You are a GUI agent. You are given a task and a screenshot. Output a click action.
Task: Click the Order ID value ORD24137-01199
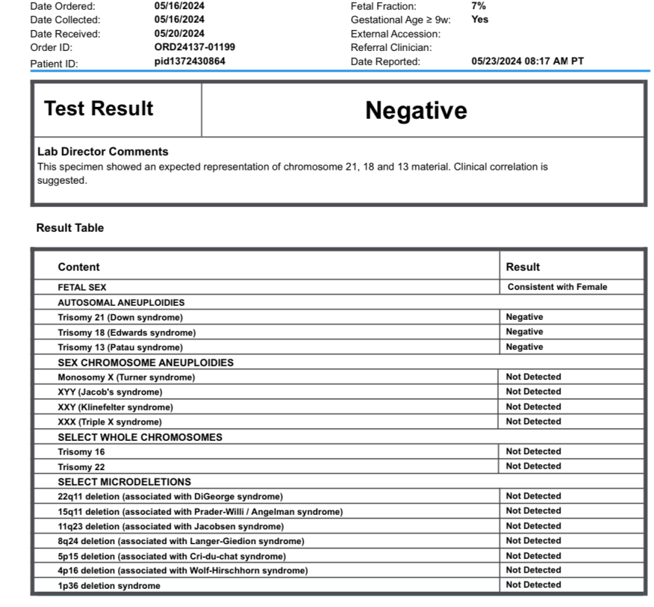coord(194,47)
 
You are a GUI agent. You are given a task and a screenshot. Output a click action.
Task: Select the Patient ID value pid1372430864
coord(190,61)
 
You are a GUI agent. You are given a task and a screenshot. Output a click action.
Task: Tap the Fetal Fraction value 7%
coord(479,6)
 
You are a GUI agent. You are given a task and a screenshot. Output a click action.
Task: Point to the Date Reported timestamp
coord(528,61)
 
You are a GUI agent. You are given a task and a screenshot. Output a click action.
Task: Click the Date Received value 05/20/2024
coord(179,34)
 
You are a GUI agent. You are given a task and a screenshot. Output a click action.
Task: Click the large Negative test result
coord(416,110)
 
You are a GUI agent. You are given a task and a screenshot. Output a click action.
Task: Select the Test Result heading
coord(98,109)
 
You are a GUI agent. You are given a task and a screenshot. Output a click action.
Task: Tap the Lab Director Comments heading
coord(103,152)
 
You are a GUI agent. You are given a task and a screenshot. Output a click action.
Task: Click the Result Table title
coord(70,228)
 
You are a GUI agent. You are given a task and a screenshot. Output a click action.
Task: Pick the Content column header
coord(79,267)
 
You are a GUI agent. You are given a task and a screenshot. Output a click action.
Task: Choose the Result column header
coord(523,267)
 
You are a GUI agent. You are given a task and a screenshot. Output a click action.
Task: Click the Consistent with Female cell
coord(557,287)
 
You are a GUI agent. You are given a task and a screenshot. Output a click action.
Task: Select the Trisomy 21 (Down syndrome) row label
coord(120,317)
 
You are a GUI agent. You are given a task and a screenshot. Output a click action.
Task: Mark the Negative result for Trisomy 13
coord(524,347)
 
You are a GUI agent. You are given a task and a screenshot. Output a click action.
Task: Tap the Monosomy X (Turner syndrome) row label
coord(126,377)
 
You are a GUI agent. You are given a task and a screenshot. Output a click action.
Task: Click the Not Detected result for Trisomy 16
coord(533,451)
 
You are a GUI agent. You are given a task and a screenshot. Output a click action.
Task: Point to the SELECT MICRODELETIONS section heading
coord(124,482)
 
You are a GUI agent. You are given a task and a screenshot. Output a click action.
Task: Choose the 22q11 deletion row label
coord(170,497)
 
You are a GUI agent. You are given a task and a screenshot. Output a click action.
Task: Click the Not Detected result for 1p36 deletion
coord(533,585)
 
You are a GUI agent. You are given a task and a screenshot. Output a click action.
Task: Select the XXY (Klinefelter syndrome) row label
coord(115,407)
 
